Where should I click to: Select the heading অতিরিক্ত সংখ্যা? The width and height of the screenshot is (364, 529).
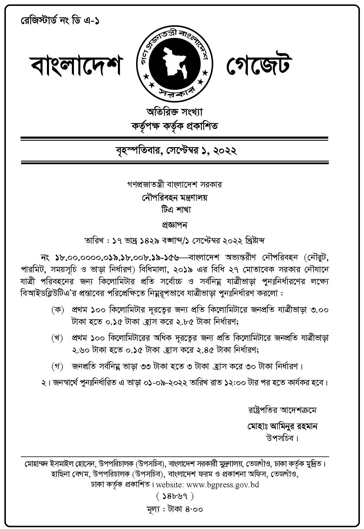click(175, 112)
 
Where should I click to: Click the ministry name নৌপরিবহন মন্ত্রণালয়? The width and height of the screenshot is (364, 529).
click(174, 197)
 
